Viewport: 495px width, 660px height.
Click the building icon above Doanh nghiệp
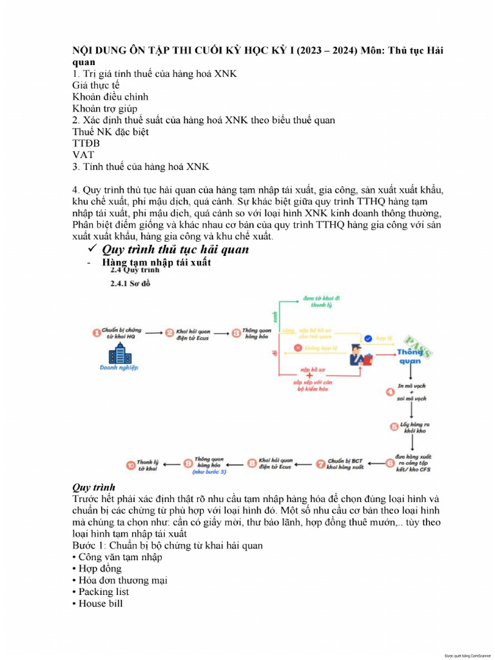119,354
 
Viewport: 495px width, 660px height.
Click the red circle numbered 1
97,333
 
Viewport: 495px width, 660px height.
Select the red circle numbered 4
390,391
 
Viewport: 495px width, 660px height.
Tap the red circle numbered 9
188,463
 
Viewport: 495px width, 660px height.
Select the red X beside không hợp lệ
297,348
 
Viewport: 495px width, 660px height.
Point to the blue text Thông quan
410,356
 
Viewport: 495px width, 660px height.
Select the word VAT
83,155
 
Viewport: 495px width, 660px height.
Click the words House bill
101,603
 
